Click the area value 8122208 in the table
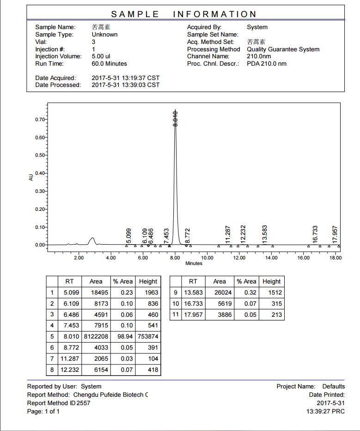pyautogui.click(x=96, y=337)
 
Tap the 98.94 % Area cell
pyautogui.click(x=122, y=337)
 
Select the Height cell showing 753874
pyautogui.click(x=148, y=337)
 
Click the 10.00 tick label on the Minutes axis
pyautogui.click(x=207, y=258)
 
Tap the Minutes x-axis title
pyautogui.click(x=194, y=264)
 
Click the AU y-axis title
pyautogui.click(x=31, y=177)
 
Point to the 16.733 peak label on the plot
pyautogui.click(x=315, y=234)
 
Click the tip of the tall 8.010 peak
pyautogui.click(x=175, y=111)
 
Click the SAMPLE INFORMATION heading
pyautogui.click(x=184, y=14)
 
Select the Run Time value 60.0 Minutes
pyautogui.click(x=109, y=63)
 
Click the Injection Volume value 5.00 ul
pyautogui.click(x=101, y=56)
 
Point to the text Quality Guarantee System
pyautogui.click(x=283, y=49)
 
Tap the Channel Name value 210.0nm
pyautogui.click(x=259, y=56)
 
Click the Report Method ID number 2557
pyautogui.click(x=84, y=403)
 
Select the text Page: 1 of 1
pyautogui.click(x=43, y=411)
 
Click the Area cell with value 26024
pyautogui.click(x=220, y=293)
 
